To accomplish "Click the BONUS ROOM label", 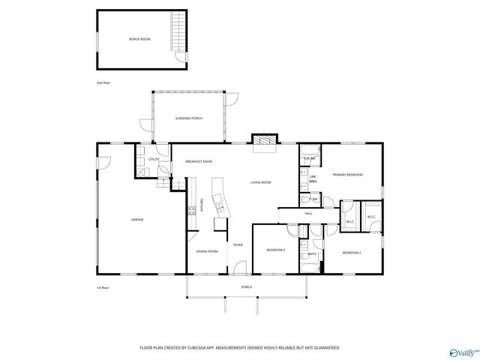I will coord(139,38).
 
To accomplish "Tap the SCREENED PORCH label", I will coord(188,118).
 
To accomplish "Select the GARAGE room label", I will coord(137,219).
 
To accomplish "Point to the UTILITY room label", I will coord(153,160).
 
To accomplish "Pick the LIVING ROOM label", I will coord(260,182).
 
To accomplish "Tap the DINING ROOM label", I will coord(207,250).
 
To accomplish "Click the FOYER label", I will coord(237,245).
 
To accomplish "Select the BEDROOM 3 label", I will coord(275,250).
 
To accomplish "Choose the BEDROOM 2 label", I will coord(352,253).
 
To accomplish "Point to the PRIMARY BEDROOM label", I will coord(348,175).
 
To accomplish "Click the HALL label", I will coord(308,214).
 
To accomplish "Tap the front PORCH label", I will coord(246,287).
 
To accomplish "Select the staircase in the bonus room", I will coord(178,31).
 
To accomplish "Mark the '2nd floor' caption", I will coord(103,82).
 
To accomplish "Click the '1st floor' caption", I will coord(103,288).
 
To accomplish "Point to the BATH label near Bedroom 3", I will coord(312,254).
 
